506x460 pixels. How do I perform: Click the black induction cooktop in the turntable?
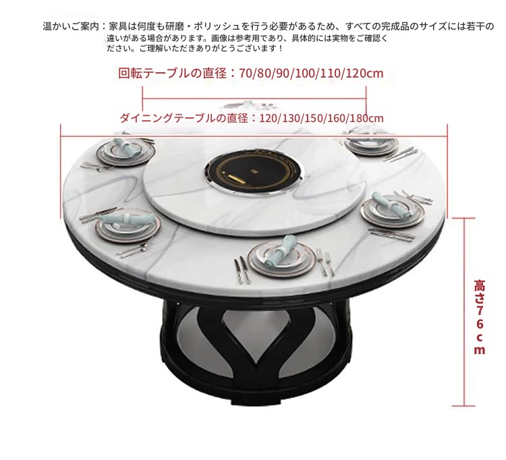click(254, 170)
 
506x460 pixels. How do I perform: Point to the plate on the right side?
click(393, 211)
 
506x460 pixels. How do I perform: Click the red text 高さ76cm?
click(480, 317)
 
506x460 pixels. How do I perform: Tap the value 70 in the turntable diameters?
click(246, 74)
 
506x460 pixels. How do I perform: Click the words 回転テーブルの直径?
click(172, 74)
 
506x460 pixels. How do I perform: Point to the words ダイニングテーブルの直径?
click(184, 118)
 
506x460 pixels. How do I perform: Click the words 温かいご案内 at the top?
click(70, 26)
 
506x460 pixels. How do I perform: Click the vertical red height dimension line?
click(464, 312)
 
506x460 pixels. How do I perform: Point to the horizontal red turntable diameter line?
click(254, 98)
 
